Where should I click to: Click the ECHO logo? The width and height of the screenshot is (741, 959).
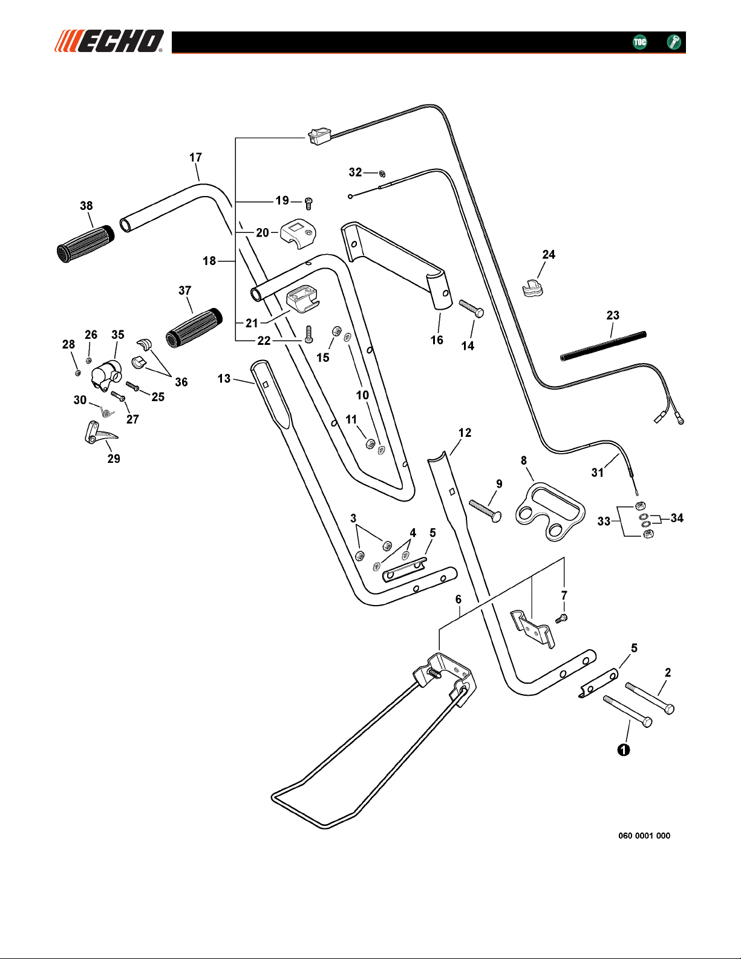coord(109,41)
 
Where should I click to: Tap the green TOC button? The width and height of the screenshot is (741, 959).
coord(639,42)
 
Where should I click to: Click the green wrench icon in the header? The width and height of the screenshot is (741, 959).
coord(673,42)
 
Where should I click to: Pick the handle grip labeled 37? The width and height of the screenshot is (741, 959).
coord(192,327)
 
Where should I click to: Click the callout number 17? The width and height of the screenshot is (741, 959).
coord(195,157)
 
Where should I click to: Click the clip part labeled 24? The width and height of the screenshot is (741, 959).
coord(532,288)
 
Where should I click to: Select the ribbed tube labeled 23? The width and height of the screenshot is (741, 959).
coord(603,345)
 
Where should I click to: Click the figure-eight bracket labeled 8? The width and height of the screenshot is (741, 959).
coord(549,511)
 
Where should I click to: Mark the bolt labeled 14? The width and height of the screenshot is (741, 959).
coord(471,307)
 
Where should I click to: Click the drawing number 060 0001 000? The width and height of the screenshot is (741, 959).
coord(644,836)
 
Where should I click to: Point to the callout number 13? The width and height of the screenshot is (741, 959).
coord(224,378)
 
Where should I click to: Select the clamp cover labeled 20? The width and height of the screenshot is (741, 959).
coord(299,233)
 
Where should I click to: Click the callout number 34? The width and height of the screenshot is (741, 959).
coord(677,518)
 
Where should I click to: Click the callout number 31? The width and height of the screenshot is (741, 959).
coord(598,473)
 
